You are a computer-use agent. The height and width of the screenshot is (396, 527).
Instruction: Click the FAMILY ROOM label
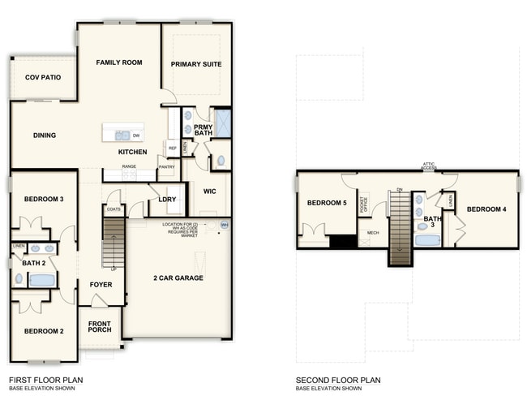coord(119,62)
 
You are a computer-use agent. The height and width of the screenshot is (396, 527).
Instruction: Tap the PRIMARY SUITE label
coord(196,64)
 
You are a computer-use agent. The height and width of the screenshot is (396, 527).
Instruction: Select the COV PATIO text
coord(42,77)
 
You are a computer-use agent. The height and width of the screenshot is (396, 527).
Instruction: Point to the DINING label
coord(44,136)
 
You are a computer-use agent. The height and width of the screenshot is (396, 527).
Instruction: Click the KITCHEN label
coord(133,152)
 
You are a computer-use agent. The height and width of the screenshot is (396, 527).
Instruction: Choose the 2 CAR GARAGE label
coord(178,278)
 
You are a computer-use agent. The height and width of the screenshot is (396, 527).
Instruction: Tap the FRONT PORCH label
coord(101,327)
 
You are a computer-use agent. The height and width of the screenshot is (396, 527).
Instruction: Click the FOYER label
coord(100,285)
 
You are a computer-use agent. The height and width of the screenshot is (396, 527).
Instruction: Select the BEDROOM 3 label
coord(44,199)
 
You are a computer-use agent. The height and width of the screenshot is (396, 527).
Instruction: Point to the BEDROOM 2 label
coord(44,331)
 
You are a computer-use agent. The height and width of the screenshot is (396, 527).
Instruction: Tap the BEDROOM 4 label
coord(486,209)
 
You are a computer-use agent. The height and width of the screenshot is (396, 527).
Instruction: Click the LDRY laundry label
coord(168,199)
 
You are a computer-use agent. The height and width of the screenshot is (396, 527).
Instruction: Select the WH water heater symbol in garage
coord(225,225)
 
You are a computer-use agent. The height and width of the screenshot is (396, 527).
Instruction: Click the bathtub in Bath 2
coord(41,280)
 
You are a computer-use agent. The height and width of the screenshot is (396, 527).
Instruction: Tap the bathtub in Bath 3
coord(426,239)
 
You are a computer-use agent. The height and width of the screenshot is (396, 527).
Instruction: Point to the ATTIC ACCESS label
coord(430,166)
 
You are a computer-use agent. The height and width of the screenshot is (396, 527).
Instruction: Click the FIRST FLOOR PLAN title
coord(45,380)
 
